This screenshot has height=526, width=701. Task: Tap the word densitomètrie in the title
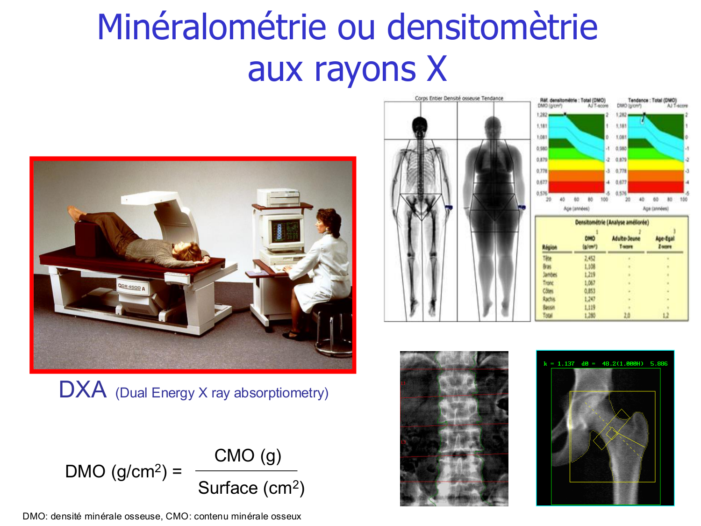click(492, 27)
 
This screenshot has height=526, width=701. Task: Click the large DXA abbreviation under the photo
click(83, 390)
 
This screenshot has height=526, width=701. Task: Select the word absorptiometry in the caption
click(281, 393)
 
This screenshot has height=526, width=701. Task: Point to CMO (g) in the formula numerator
click(248, 455)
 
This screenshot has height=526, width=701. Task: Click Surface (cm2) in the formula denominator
click(251, 488)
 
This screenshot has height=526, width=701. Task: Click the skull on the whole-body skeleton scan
click(420, 125)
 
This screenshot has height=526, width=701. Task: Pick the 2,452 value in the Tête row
click(590, 259)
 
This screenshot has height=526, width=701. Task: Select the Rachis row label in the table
click(549, 299)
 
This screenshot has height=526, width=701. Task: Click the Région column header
click(550, 247)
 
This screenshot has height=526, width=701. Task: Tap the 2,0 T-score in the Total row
click(627, 316)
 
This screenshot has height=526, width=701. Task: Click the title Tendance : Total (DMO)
click(652, 100)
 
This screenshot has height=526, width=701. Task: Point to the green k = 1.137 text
click(559, 363)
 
